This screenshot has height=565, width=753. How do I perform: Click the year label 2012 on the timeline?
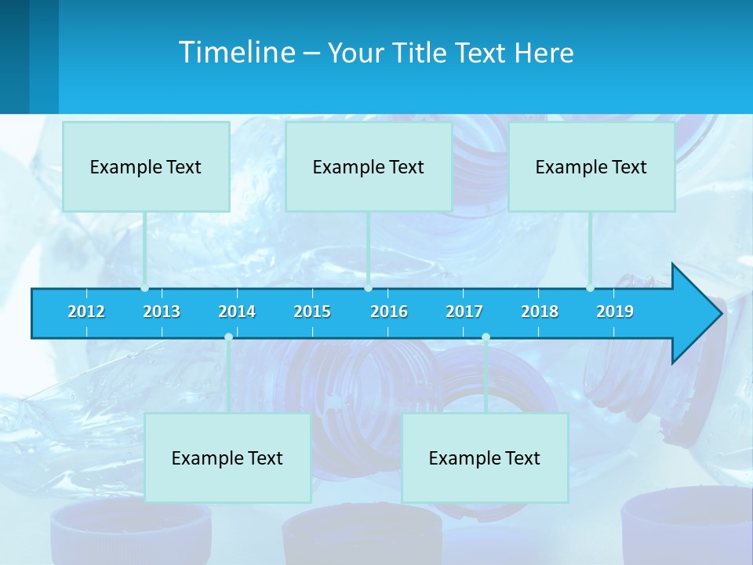click(x=86, y=312)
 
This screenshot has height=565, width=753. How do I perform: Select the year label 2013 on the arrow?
click(x=162, y=312)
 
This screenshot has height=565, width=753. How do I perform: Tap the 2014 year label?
click(x=237, y=312)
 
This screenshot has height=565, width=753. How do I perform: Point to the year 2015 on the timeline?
click(x=312, y=312)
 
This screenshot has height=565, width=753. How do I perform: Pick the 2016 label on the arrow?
click(x=389, y=312)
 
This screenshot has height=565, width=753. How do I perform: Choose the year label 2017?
click(x=464, y=312)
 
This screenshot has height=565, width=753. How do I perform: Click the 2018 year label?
click(x=540, y=312)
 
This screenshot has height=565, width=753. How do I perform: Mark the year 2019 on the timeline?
click(x=615, y=312)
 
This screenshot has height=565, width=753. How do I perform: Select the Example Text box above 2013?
click(x=146, y=166)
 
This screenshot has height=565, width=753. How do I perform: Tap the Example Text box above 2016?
click(x=369, y=166)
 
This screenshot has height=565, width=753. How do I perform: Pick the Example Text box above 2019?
click(x=591, y=166)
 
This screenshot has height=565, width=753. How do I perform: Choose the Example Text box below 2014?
click(x=227, y=457)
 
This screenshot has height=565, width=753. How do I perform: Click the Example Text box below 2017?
click(x=485, y=457)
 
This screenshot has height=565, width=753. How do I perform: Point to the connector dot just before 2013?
click(x=145, y=288)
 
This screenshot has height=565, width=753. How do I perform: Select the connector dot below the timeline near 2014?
click(x=228, y=337)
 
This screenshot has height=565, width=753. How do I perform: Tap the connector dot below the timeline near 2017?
click(x=486, y=337)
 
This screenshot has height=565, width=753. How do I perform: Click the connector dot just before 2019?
click(x=590, y=288)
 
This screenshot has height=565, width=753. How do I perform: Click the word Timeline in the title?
click(x=235, y=53)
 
